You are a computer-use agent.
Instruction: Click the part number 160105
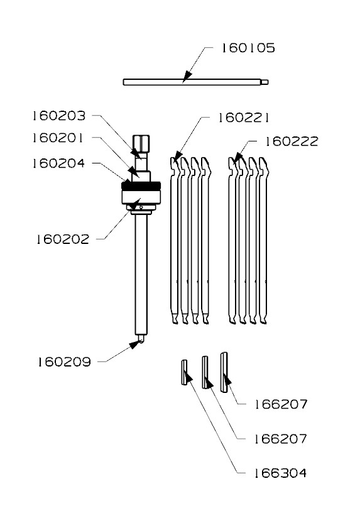click(247, 48)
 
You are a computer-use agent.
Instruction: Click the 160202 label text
click(63, 239)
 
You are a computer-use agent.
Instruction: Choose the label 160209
click(63, 361)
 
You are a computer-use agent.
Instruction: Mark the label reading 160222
click(291, 141)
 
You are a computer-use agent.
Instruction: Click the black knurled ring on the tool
click(143, 186)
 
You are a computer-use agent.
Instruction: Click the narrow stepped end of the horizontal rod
click(266, 80)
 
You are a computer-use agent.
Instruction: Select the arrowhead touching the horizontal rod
click(186, 78)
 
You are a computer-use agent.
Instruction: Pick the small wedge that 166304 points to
click(185, 372)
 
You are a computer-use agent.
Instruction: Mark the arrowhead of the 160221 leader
click(177, 157)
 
